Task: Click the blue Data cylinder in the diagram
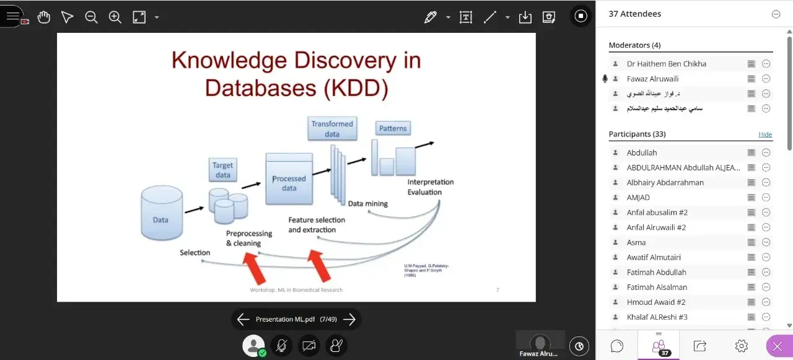click(161, 214)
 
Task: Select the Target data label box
click(222, 170)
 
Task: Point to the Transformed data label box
click(332, 128)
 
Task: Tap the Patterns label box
click(393, 128)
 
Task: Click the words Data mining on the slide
click(367, 203)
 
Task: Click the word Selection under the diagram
click(195, 252)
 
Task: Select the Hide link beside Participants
click(765, 134)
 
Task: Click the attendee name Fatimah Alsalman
click(657, 287)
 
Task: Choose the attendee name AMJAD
click(638, 198)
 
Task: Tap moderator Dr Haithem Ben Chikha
click(666, 64)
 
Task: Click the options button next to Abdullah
click(766, 152)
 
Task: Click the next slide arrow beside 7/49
click(349, 319)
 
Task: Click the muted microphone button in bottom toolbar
click(281, 346)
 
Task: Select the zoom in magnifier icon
click(115, 17)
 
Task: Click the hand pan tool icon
click(43, 17)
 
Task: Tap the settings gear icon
click(741, 346)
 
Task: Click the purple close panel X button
click(778, 346)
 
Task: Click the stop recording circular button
click(581, 16)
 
